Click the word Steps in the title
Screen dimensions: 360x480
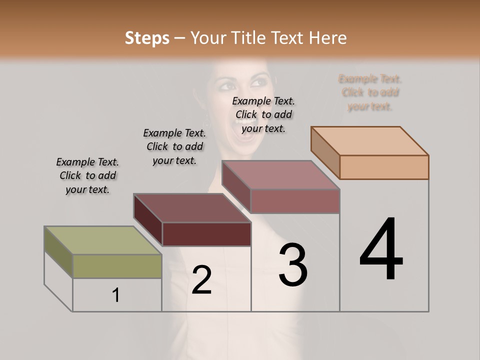point(147,38)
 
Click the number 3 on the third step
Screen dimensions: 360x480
point(293,265)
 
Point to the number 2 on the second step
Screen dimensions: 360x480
point(201,280)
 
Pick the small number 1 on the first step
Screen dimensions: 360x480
point(116,295)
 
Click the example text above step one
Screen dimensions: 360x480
point(87,175)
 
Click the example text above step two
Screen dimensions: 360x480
point(174,146)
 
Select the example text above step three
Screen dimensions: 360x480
point(263,114)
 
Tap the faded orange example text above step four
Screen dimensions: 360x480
point(370,92)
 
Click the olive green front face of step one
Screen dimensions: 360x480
point(117,266)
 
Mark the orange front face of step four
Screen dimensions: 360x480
point(384,167)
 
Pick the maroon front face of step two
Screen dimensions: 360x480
point(206,234)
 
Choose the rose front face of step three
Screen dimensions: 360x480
point(295,201)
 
